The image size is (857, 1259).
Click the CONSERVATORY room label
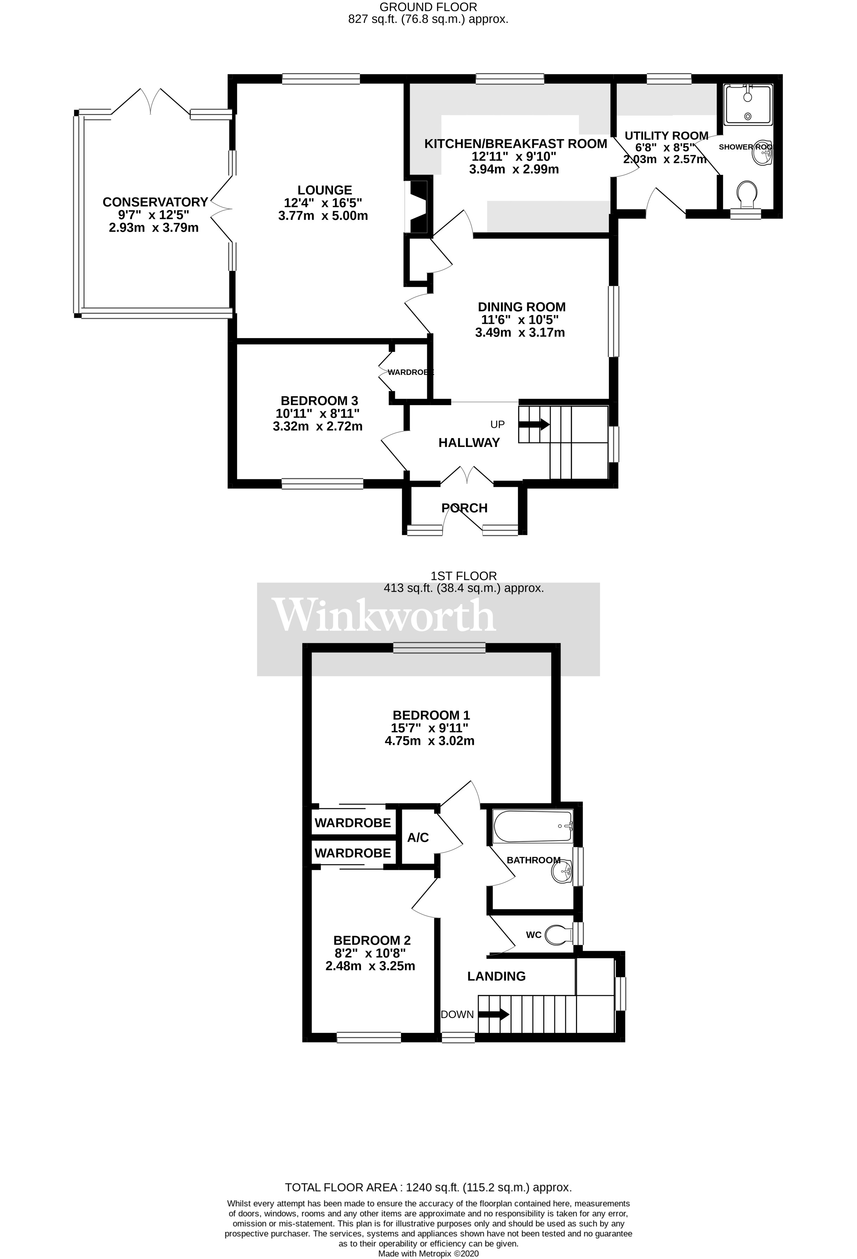pyautogui.click(x=155, y=202)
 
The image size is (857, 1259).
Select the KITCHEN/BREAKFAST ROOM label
pyautogui.click(x=515, y=144)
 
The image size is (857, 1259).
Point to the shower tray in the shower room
pyautogui.click(x=748, y=103)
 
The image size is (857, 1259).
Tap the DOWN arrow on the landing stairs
pyautogui.click(x=493, y=1014)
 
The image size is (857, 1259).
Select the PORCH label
pyautogui.click(x=464, y=508)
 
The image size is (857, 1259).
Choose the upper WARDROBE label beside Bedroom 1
pyautogui.click(x=352, y=823)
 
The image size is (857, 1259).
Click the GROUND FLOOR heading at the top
pyautogui.click(x=428, y=7)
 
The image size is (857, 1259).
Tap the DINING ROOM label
pyautogui.click(x=521, y=307)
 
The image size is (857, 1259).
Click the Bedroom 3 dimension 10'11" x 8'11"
pyautogui.click(x=317, y=413)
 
